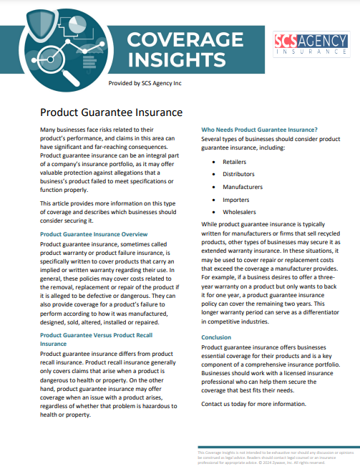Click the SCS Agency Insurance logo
[308, 44]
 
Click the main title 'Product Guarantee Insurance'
[111, 112]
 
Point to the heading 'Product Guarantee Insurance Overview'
[94, 234]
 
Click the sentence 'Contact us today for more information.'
[253, 404]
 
